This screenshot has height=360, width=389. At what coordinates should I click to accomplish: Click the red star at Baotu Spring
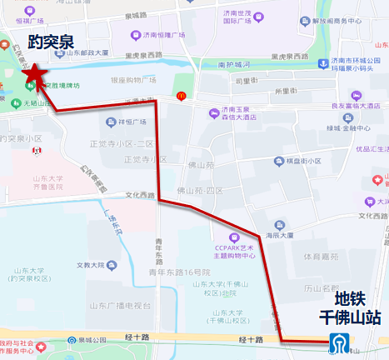[x=34, y=75]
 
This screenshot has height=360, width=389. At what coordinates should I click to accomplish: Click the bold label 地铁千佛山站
[x=351, y=307]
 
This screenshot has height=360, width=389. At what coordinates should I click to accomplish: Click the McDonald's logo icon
[x=181, y=97]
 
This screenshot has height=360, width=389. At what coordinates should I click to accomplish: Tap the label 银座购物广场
[x=127, y=81]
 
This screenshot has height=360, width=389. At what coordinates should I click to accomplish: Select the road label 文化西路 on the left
[x=141, y=195]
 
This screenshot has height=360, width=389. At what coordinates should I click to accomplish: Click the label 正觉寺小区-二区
[x=122, y=143]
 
